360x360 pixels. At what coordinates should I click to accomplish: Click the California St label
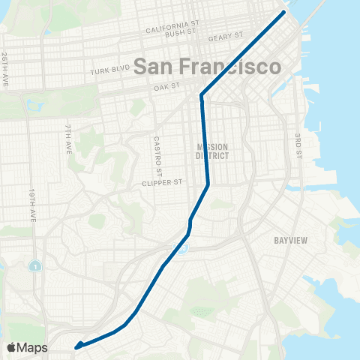click(x=172, y=28)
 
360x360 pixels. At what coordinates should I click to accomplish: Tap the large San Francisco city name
click(x=208, y=65)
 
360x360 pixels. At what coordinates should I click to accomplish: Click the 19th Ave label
click(x=34, y=205)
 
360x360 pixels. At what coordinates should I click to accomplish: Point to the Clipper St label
click(x=163, y=182)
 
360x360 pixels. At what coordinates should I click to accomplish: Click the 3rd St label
click(x=298, y=146)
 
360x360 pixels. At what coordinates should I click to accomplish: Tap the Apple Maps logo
click(x=27, y=347)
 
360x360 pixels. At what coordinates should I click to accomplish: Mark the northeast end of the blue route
click(x=284, y=12)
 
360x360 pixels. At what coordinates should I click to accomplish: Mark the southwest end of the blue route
click(x=76, y=346)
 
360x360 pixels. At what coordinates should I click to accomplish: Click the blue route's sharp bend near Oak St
click(x=202, y=95)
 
